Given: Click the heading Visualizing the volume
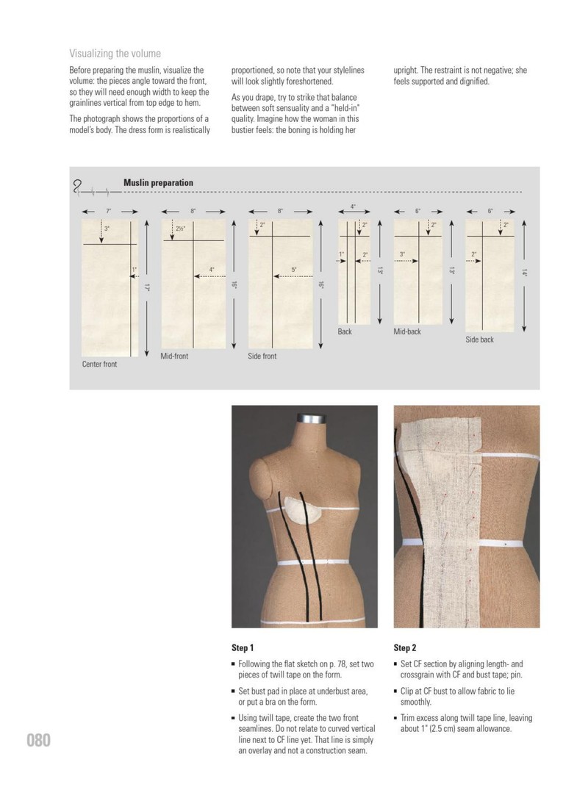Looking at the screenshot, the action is [x=115, y=54].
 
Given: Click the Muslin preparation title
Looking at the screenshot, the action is [x=158, y=182].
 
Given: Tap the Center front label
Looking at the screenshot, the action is [x=99, y=364].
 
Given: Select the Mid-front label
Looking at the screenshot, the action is [x=174, y=356].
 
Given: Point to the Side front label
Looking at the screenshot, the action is [x=262, y=356].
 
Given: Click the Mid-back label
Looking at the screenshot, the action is [x=407, y=331].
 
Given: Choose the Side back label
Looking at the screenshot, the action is [x=479, y=340].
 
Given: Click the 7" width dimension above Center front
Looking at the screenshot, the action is [x=108, y=211].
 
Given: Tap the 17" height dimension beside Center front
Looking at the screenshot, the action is [x=146, y=288].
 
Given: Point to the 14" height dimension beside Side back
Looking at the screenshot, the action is [x=524, y=273].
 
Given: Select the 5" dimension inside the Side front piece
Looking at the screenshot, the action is [x=294, y=270].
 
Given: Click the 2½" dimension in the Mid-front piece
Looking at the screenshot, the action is [x=180, y=229].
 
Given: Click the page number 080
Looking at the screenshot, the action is [x=38, y=740].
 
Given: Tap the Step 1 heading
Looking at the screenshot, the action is [x=242, y=647].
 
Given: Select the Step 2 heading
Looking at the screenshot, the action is [x=404, y=647].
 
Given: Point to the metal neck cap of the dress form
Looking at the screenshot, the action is [x=312, y=418].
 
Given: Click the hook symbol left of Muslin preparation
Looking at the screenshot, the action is [x=78, y=187].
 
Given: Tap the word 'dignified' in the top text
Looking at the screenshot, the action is [x=473, y=82].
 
